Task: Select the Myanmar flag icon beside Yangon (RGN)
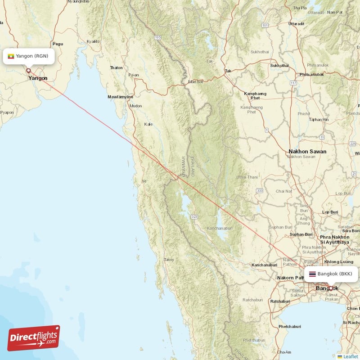[x=11, y=56]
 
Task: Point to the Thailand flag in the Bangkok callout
[x=312, y=274]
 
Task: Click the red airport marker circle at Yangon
[x=28, y=70]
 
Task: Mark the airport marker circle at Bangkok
[x=330, y=288]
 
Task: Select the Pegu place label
[x=58, y=44]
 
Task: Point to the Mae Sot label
[x=196, y=82]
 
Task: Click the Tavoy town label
[x=169, y=260]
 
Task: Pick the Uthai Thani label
[x=247, y=177]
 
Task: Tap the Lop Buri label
[x=330, y=211]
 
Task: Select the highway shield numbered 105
[x=157, y=37]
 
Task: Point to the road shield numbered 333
[x=260, y=191]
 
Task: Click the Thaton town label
[x=116, y=67]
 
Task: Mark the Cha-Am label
[x=284, y=352]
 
